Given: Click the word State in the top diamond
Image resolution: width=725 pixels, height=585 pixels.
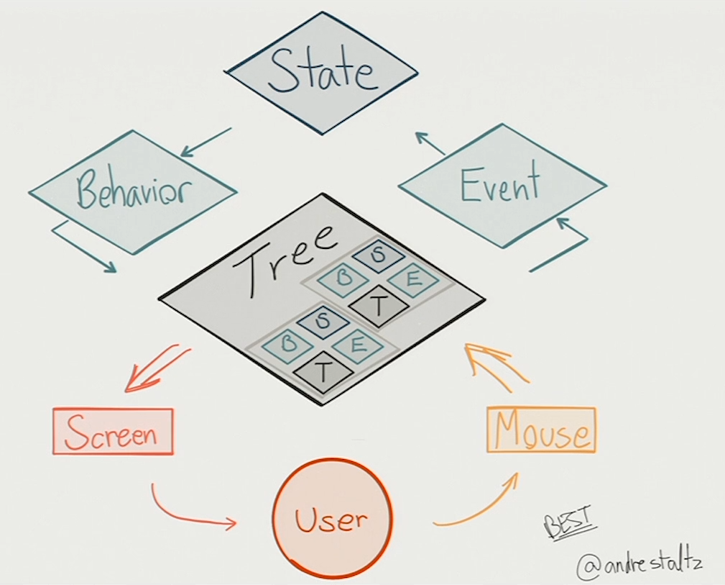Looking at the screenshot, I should coord(323,72).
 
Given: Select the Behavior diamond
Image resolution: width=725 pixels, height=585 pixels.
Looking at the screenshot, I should coord(134,191).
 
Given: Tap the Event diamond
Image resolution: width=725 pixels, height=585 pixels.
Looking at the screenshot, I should coord(501,186).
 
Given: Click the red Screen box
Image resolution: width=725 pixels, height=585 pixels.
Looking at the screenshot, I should coord(113,432).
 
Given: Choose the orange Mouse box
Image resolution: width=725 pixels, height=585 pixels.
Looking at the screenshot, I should coord(541,430).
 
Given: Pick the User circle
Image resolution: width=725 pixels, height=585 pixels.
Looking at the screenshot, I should coord(332,518).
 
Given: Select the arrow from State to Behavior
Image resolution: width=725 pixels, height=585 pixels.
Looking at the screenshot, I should coord(206,142).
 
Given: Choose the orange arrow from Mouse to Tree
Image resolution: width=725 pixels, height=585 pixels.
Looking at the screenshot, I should coord(496,367).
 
